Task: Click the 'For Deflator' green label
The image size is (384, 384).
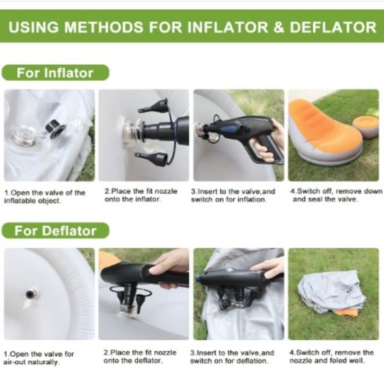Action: (57, 231)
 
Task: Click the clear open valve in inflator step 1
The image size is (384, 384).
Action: (25, 136)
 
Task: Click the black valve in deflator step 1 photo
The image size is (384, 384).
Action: (31, 293)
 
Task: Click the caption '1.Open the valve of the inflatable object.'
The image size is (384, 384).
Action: (45, 196)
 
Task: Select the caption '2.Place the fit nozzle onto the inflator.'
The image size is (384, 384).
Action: (141, 195)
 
